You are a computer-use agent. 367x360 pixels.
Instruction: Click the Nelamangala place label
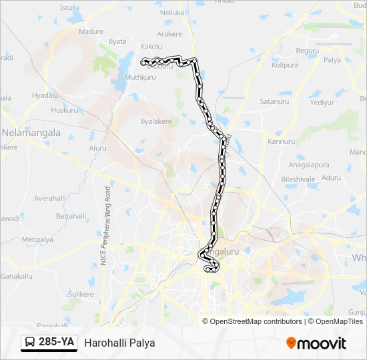coord(31,133)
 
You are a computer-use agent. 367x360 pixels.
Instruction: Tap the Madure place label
coord(91,31)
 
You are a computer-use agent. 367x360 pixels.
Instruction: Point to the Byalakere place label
coord(156,122)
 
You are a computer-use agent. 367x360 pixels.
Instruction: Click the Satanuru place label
coord(274,101)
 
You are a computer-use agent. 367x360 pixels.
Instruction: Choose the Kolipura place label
coord(285,65)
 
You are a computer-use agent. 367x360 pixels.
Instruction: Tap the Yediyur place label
coord(322,103)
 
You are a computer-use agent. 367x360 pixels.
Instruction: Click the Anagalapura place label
coord(309,164)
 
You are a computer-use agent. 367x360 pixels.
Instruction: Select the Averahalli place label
coord(51,198)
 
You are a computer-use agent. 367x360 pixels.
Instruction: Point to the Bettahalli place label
coord(71,216)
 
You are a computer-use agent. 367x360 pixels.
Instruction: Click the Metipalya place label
coord(37,239)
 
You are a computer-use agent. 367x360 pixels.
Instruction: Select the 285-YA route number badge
coord(49,343)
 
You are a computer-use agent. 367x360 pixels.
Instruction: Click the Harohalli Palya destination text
coord(119,343)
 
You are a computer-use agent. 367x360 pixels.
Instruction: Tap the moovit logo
coord(316,343)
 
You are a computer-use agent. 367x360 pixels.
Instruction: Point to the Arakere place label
coord(169,33)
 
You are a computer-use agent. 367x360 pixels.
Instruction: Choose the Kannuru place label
coord(281,141)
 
